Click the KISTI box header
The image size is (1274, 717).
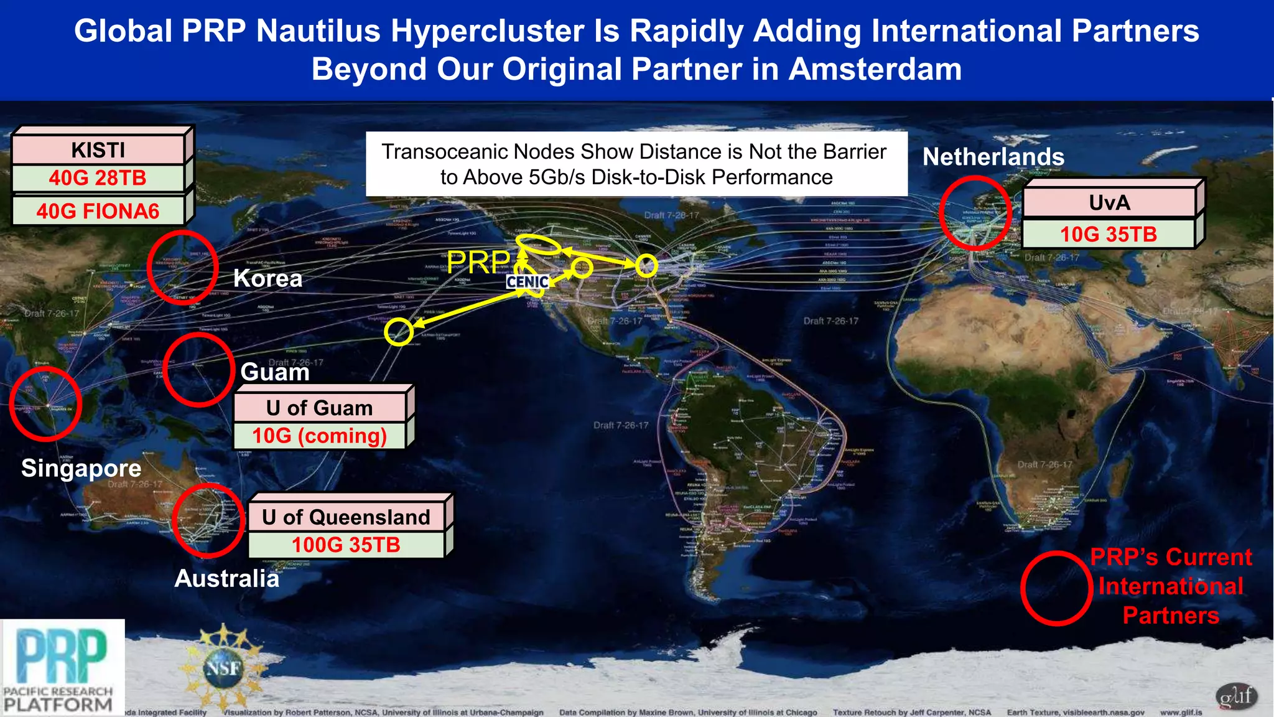point(98,150)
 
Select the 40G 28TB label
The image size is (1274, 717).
point(98,178)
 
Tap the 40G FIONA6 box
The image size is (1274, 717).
point(98,211)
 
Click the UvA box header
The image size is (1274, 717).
point(1109,203)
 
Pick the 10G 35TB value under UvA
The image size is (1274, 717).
point(1109,235)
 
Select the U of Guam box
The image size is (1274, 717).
point(320,408)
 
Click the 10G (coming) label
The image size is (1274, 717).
point(320,436)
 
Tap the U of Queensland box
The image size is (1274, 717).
point(346,517)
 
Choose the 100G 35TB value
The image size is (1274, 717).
point(346,545)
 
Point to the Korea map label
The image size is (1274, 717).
point(267,278)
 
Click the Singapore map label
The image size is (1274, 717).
point(81,468)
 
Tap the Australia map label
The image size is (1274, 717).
point(226,579)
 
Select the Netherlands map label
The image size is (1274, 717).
point(993,157)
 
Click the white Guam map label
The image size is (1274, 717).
point(275,372)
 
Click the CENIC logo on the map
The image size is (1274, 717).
point(528,282)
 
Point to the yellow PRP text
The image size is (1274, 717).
point(478,262)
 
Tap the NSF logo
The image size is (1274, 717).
point(223,668)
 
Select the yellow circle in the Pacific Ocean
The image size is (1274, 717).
point(398,332)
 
